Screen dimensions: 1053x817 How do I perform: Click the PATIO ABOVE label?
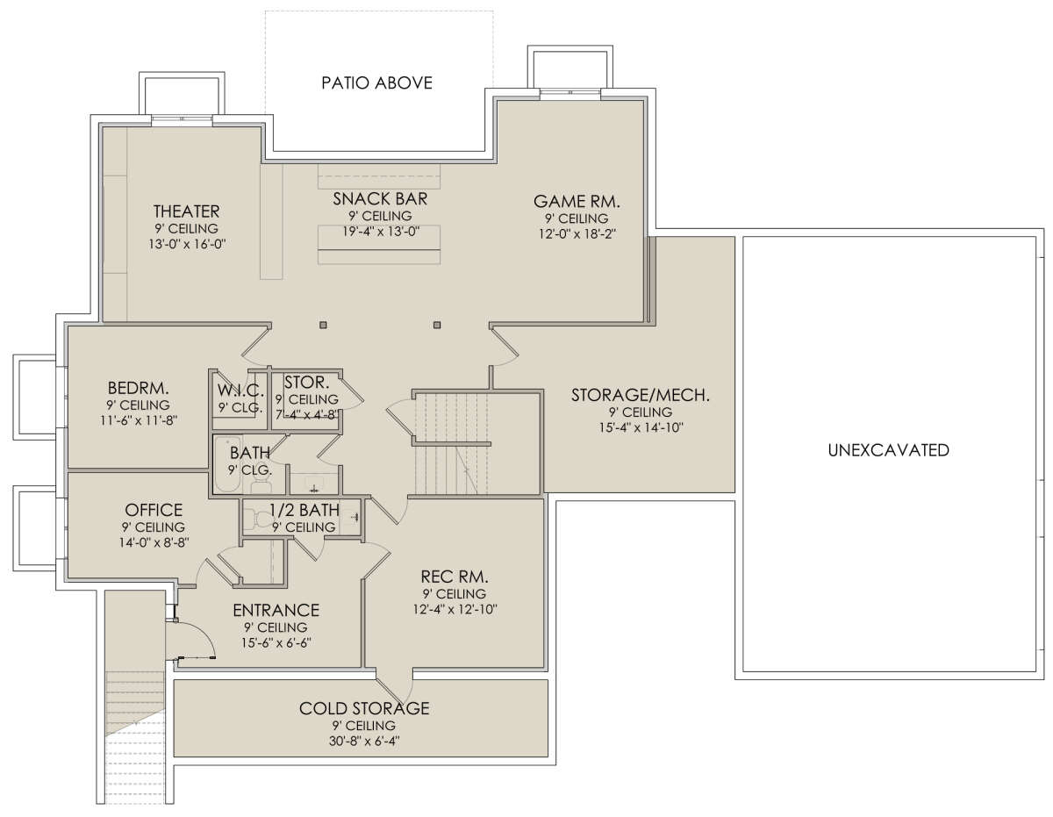376,82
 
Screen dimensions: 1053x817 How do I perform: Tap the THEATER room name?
187,211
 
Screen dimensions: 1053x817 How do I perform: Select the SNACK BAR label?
380,198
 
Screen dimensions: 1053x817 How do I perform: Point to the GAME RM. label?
577,201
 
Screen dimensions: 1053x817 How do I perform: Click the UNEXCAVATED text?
888,450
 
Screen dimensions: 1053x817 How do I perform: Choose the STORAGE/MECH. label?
640,396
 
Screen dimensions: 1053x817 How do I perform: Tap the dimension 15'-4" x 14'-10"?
641,428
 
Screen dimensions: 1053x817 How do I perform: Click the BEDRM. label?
138,388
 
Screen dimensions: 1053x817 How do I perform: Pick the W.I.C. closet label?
240,391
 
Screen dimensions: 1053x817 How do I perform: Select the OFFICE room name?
154,510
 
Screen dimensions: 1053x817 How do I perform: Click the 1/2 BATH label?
304,510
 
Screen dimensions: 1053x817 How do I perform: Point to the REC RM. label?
455,577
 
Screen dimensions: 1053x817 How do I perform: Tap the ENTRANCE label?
276,610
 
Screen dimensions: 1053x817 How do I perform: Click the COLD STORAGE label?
364,708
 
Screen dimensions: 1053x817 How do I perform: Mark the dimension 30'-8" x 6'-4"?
364,741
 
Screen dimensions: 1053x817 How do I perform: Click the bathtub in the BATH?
226,464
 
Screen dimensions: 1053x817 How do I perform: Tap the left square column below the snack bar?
323,325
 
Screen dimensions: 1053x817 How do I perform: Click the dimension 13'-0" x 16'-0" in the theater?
188,244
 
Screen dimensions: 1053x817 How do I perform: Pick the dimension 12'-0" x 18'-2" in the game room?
577,233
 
